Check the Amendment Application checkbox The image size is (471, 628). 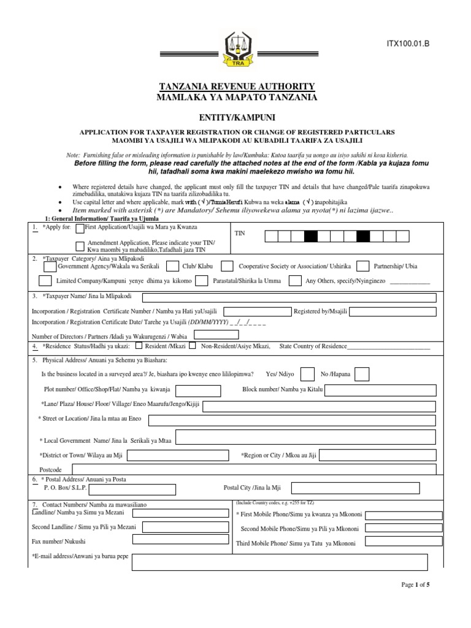80,246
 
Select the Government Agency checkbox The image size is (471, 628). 50,266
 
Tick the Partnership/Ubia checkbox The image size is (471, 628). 362,266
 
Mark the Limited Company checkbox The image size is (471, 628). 45,281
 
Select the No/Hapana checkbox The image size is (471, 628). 362,374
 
